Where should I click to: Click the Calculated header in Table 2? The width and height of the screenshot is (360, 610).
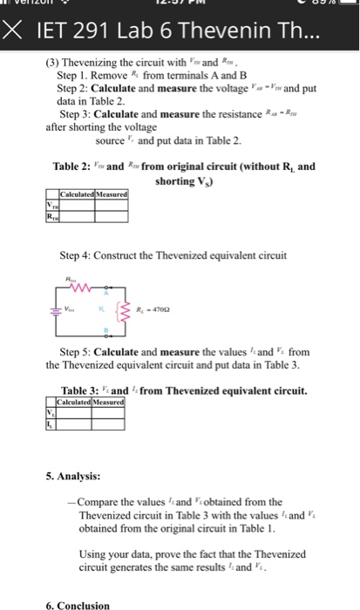pyautogui.click(x=79, y=193)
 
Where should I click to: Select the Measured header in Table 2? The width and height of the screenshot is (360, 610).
pyautogui.click(x=114, y=193)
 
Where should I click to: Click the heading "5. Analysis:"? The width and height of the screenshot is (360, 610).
pyautogui.click(x=74, y=476)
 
